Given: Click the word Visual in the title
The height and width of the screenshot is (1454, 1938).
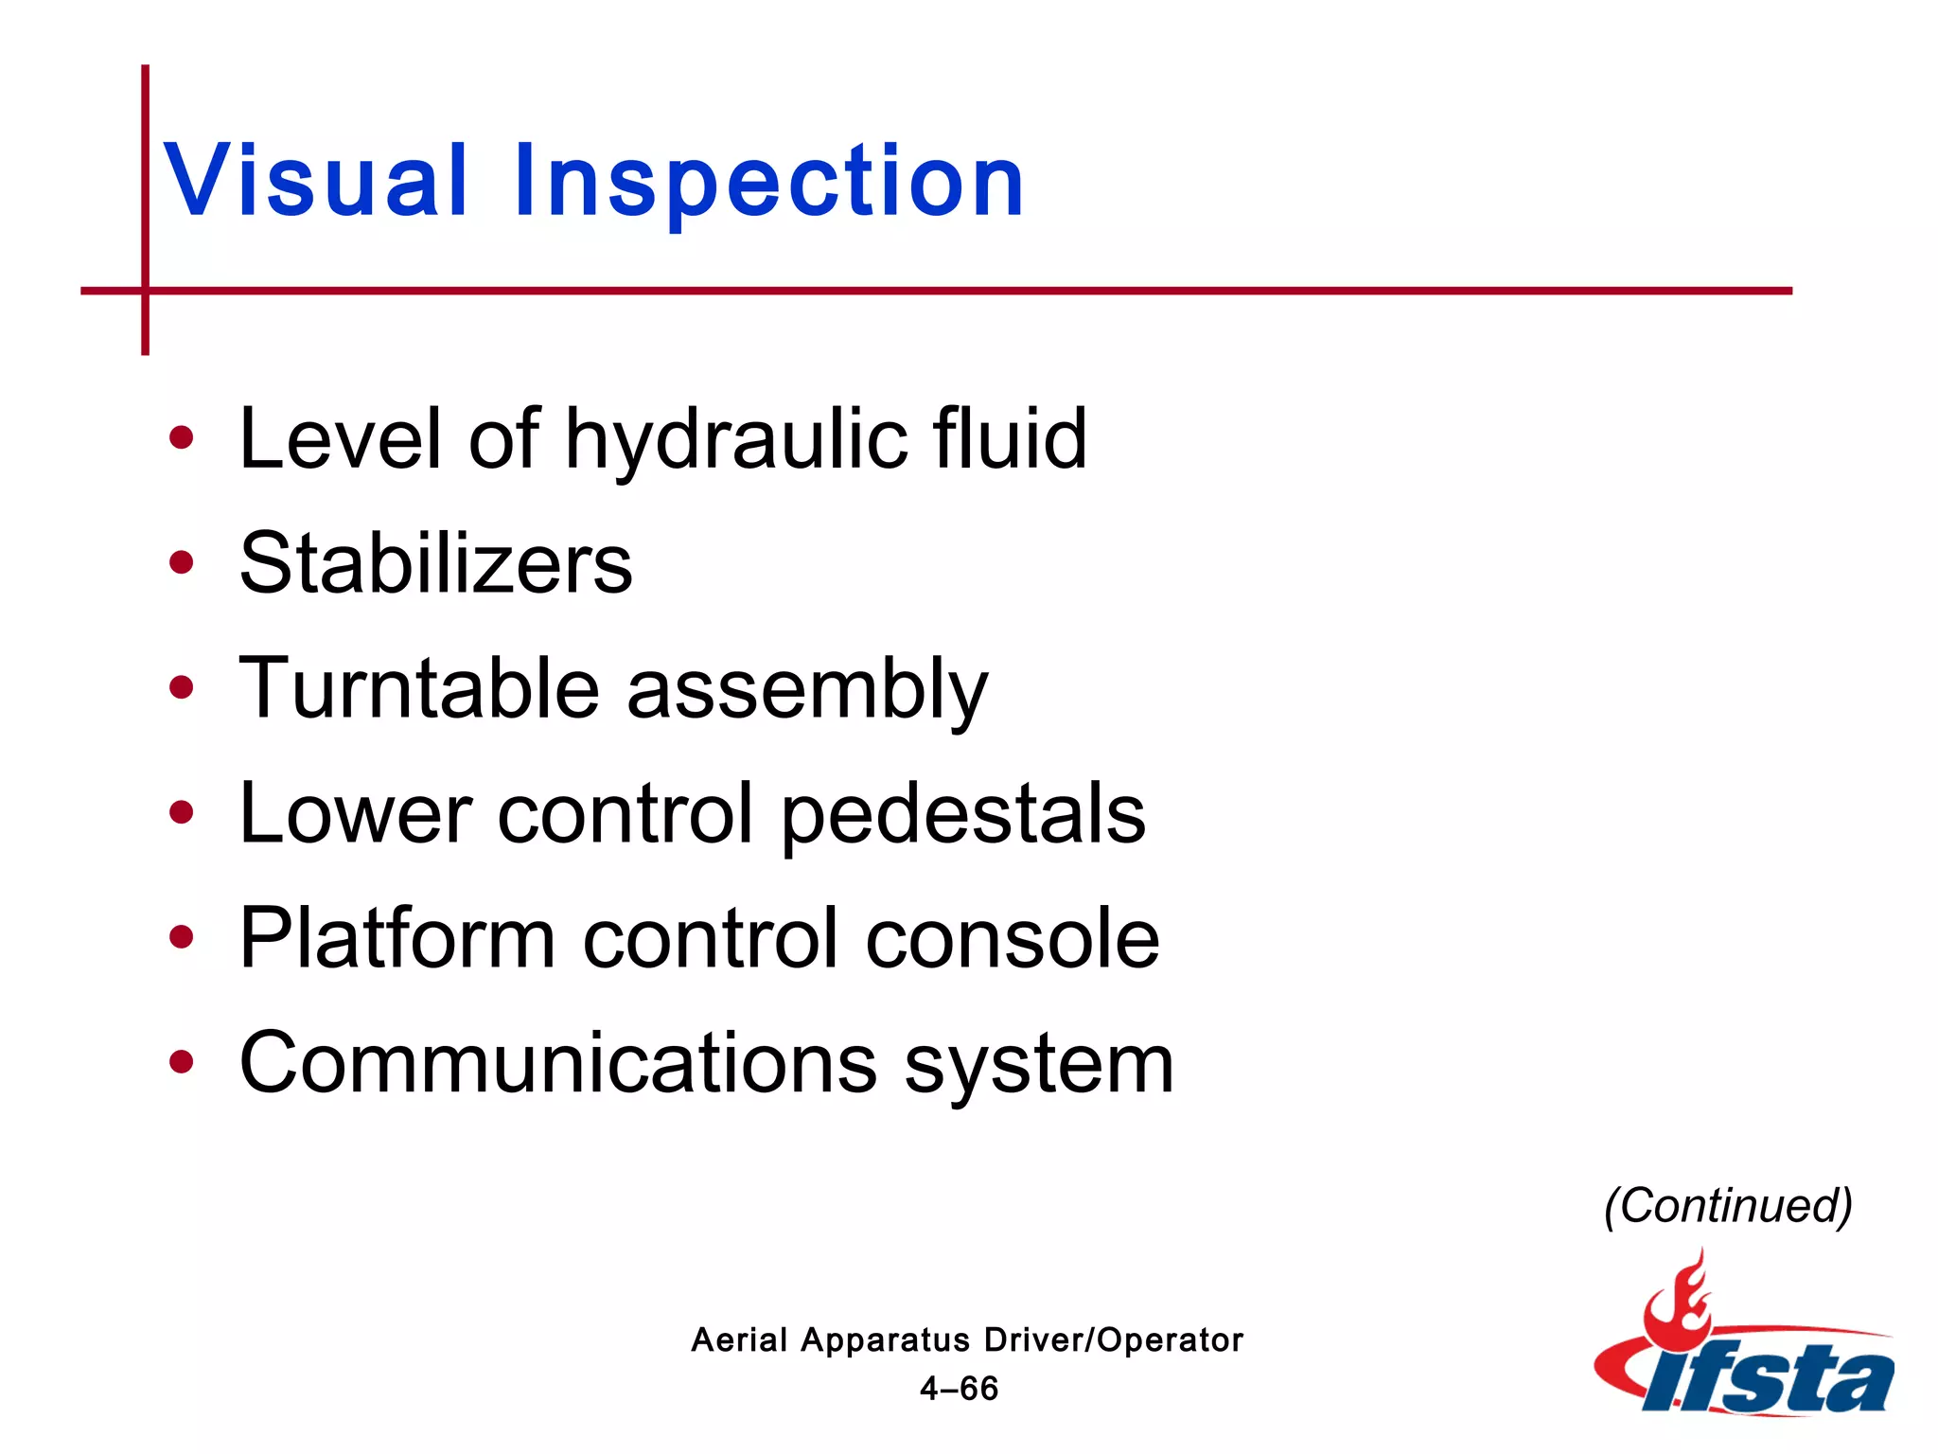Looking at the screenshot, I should click(x=316, y=180).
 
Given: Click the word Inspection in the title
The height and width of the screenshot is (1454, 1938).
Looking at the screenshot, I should click(x=768, y=180).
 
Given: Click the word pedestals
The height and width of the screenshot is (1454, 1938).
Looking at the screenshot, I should click(x=962, y=814).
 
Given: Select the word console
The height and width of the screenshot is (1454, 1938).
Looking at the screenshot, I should click(x=1013, y=938).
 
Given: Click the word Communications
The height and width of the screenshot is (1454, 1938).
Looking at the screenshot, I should click(x=558, y=1063).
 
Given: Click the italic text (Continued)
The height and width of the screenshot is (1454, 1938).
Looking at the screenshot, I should click(x=1727, y=1205).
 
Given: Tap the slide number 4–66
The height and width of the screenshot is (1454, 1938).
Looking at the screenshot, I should click(x=959, y=1389).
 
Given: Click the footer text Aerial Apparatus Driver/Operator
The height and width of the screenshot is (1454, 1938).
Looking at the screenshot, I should click(x=966, y=1339).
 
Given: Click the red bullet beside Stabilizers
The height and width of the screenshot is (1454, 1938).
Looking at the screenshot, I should click(x=181, y=563).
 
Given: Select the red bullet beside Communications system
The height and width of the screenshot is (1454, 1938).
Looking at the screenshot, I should click(x=181, y=1062).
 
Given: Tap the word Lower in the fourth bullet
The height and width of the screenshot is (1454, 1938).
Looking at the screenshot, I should click(x=355, y=814).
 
